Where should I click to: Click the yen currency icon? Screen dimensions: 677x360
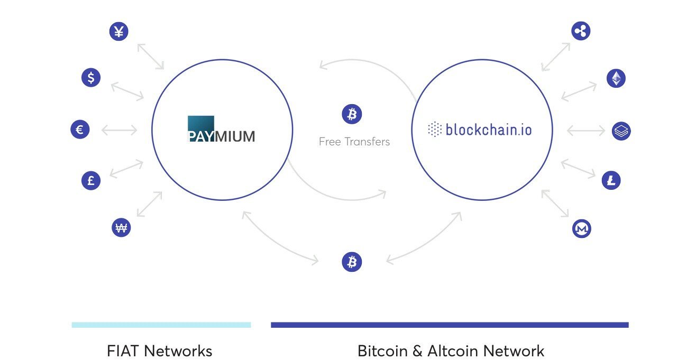tap(119, 31)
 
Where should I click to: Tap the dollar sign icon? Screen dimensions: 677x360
tap(91, 78)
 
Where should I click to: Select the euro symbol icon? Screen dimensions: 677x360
tap(80, 130)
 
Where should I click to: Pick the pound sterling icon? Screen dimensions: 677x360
tap(91, 181)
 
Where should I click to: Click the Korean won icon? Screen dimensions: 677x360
tap(121, 227)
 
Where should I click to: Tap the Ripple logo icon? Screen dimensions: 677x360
tap(581, 31)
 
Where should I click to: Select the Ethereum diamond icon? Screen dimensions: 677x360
tap(616, 78)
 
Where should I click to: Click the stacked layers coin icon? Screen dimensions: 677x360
tap(621, 131)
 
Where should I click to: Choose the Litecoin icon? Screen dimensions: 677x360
tap(611, 181)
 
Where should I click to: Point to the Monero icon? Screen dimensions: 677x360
tap(582, 228)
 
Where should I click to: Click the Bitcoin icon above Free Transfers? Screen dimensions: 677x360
tap(352, 114)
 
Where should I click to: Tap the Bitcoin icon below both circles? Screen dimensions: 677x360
tap(352, 262)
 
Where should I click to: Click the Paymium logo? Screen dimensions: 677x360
tap(221, 129)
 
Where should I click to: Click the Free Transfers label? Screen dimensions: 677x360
tap(354, 142)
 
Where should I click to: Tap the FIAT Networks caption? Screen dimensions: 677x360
tap(160, 351)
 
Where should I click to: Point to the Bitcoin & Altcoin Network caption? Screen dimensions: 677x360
tap(451, 351)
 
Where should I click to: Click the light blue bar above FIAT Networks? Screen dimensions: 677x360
tap(161, 325)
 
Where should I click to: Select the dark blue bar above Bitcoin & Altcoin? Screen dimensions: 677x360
tap(450, 325)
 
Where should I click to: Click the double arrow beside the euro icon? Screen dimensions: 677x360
tap(120, 131)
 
